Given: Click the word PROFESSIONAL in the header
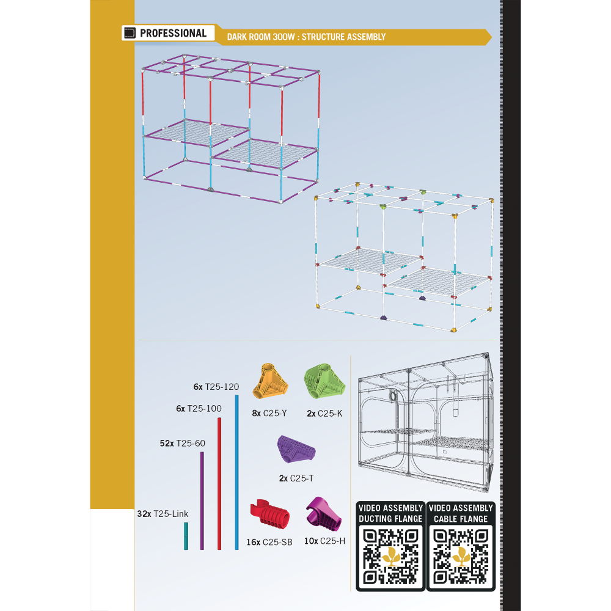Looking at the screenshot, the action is pyautogui.click(x=174, y=33).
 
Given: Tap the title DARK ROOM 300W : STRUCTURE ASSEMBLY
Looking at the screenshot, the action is pyautogui.click(x=306, y=37).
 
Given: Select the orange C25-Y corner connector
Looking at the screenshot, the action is pyautogui.click(x=271, y=381).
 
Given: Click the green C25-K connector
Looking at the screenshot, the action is pyautogui.click(x=324, y=381).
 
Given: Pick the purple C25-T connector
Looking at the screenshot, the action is pyautogui.click(x=296, y=449).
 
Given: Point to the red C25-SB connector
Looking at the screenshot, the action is pyautogui.click(x=269, y=514).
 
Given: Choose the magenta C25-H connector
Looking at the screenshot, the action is pyautogui.click(x=323, y=514).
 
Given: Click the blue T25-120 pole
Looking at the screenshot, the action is pyautogui.click(x=236, y=472).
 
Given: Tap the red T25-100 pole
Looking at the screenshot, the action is pyautogui.click(x=219, y=483).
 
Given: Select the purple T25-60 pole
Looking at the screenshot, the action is pyautogui.click(x=202, y=501).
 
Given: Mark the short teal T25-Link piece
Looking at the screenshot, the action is pyautogui.click(x=186, y=536).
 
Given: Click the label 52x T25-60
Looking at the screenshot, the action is pyautogui.click(x=182, y=444).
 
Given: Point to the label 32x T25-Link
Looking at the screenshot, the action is pyautogui.click(x=163, y=514).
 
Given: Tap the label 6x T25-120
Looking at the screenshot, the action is pyautogui.click(x=216, y=387).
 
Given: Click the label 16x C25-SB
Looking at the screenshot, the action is pyautogui.click(x=269, y=542).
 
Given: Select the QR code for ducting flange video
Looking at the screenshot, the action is pyautogui.click(x=390, y=557).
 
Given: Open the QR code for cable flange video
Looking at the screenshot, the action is pyautogui.click(x=461, y=557).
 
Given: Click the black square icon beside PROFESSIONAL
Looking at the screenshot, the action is pyautogui.click(x=130, y=33).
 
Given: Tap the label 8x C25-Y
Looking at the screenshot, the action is pyautogui.click(x=269, y=414).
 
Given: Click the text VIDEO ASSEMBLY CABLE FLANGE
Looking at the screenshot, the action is pyautogui.click(x=461, y=513).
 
